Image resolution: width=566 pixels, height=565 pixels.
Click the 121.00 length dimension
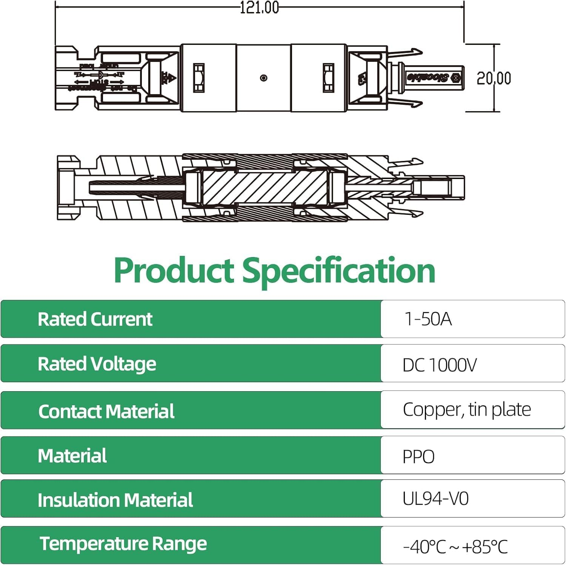pos(260,8)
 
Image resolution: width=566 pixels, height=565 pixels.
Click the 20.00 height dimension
pos(494,78)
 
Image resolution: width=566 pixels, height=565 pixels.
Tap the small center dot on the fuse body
pos(264,78)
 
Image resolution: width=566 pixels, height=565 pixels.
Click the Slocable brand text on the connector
pos(428,78)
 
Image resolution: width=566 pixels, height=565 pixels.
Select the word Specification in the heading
pos(338,271)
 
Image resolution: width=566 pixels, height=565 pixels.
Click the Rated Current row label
pos(95,319)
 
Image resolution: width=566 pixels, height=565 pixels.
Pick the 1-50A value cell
pos(428,319)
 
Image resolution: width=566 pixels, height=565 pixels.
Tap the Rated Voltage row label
pos(97,364)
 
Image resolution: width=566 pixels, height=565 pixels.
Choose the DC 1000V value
pos(439,365)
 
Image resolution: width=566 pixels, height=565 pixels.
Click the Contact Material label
pos(106,411)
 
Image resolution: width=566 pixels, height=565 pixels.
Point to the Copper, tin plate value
pos(466,410)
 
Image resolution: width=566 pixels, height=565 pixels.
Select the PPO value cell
pos(418,456)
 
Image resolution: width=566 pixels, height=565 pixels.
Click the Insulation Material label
pos(115,500)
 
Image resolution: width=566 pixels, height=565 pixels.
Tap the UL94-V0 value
pos(435,498)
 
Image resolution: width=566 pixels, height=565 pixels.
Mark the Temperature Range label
pos(123,544)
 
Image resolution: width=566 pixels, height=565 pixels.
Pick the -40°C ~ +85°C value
pos(455,547)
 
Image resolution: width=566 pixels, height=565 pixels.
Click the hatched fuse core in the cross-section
pos(264,187)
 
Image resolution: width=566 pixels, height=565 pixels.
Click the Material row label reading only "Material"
pos(72,456)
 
